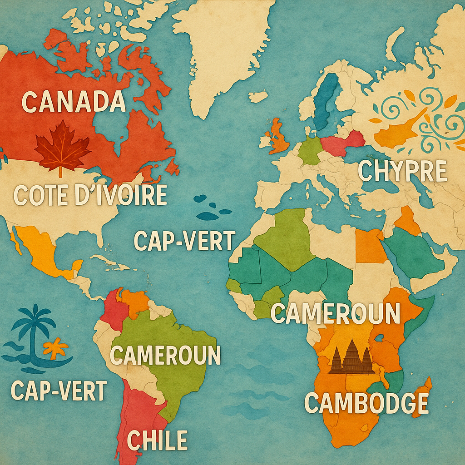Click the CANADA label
tap(74, 101)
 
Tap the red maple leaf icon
tap(62, 148)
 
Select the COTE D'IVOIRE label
tap(90, 195)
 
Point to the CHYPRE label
tap(402, 171)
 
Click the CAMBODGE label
tap(366, 402)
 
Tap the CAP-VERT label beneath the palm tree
tap(59, 391)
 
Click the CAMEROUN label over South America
tap(165, 355)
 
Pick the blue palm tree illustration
tap(33, 327)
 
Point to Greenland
tap(223, 50)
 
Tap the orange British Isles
tap(278, 139)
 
